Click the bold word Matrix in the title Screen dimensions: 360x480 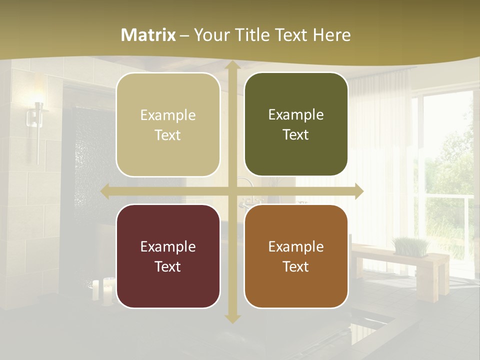[x=148, y=35]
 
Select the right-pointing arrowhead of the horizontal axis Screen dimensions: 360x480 [x=358, y=191]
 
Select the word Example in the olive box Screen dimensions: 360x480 [x=296, y=114]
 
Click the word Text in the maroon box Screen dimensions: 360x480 [x=167, y=266]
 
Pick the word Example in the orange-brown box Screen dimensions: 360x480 [x=296, y=246]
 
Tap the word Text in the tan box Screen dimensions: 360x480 [x=167, y=135]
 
